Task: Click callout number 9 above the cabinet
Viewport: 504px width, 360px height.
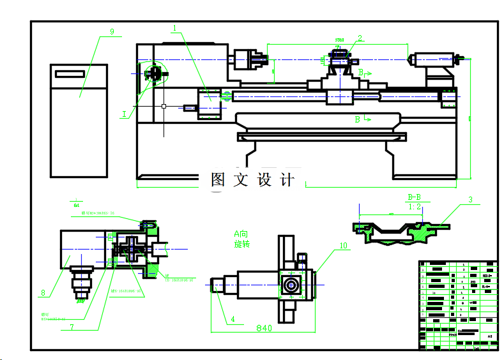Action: coord(112,31)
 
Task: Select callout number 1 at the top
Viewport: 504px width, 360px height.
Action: coord(174,28)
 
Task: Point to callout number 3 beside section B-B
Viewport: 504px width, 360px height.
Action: coord(471,200)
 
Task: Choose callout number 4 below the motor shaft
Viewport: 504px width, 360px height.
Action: coord(233,319)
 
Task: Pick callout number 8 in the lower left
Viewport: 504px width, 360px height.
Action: coord(43,294)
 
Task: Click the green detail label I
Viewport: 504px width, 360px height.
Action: coord(125,114)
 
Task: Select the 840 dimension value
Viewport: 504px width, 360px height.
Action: coord(264,328)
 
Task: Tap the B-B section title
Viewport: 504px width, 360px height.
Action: coord(415,197)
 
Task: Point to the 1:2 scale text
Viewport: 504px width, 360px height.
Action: coord(415,207)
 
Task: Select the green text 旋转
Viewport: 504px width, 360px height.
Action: coord(243,244)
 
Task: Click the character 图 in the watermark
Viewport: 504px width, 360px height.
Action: coord(218,180)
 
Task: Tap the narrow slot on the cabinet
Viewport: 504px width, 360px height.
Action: coord(70,74)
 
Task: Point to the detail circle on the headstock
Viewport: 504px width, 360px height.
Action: coord(154,74)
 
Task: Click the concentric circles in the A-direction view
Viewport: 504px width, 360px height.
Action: coord(291,284)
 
